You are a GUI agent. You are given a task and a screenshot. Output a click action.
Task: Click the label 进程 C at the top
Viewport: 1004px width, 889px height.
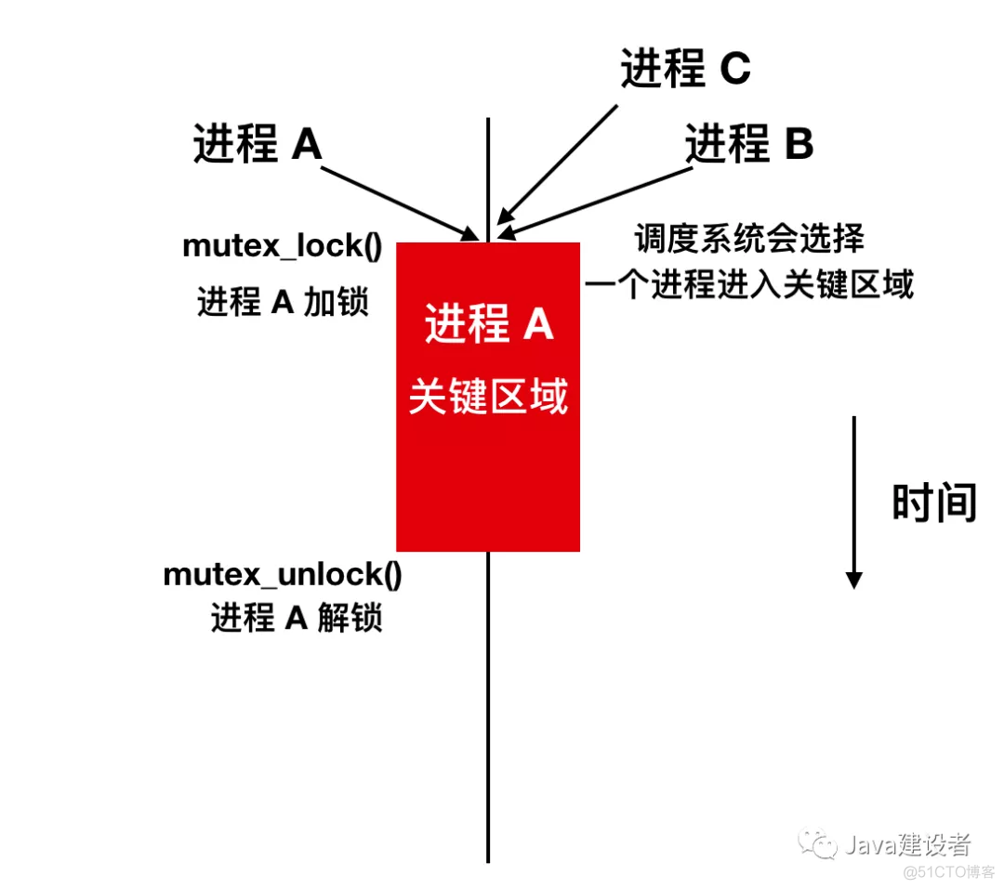[685, 69]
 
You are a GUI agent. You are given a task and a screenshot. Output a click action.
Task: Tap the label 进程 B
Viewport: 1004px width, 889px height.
[749, 144]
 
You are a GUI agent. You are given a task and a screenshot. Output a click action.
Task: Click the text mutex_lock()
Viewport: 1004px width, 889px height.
[283, 246]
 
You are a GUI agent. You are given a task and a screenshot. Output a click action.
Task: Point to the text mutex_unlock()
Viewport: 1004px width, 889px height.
[283, 574]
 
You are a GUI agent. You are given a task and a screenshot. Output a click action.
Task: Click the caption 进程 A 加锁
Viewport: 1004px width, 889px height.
[283, 302]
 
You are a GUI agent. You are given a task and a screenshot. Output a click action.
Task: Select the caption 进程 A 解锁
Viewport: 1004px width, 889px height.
[296, 618]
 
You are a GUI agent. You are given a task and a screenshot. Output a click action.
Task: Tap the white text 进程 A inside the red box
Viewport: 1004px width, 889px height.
[489, 325]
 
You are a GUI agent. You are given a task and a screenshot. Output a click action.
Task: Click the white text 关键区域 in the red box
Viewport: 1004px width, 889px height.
[489, 399]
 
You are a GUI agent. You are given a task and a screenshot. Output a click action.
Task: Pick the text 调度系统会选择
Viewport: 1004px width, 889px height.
[749, 239]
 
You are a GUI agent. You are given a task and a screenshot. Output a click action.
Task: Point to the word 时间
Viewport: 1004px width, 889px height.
[933, 503]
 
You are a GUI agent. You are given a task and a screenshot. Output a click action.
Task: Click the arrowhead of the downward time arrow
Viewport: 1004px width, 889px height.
[853, 580]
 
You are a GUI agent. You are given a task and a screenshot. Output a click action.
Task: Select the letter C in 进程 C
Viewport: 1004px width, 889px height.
[734, 69]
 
